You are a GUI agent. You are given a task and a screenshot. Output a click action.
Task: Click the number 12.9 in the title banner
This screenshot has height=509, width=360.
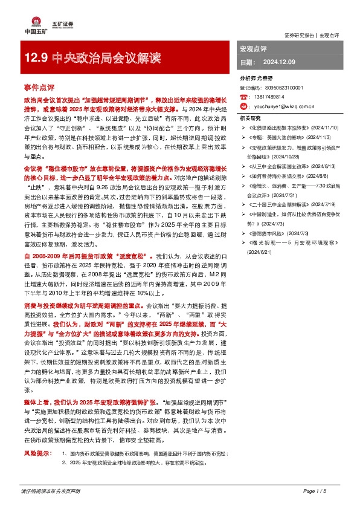pos(36,59)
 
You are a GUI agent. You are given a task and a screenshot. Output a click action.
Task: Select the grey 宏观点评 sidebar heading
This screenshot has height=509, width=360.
pos(254,48)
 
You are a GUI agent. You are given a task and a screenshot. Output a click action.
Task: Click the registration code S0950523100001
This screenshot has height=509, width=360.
pos(277,87)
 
